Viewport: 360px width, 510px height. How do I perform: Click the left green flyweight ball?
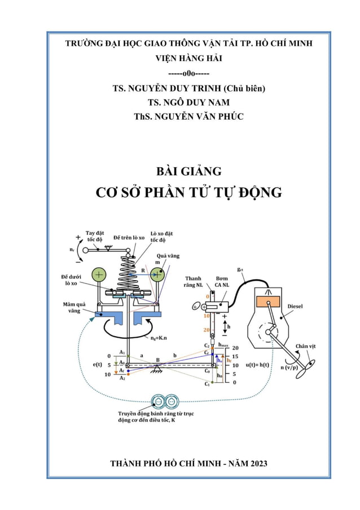pyautogui.click(x=99, y=275)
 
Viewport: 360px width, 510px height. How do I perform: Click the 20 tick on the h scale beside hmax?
pyautogui.click(x=236, y=348)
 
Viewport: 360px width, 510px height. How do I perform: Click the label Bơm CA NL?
pyautogui.click(x=222, y=282)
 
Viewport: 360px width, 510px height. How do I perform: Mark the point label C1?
pyautogui.click(x=207, y=383)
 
